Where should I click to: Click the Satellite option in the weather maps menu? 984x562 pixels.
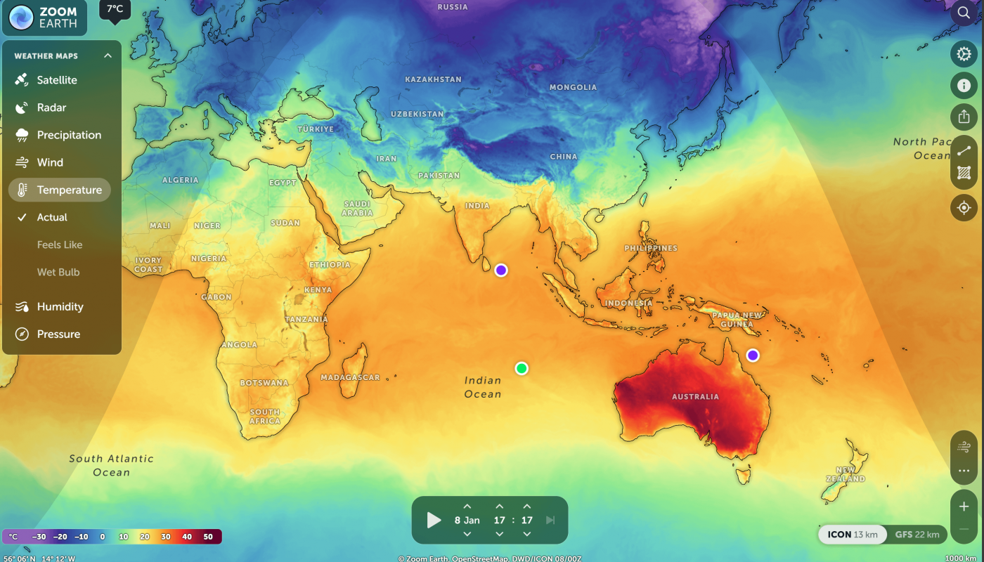click(x=57, y=80)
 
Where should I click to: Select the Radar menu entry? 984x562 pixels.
click(x=51, y=107)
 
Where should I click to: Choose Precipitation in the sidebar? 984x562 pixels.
click(x=69, y=135)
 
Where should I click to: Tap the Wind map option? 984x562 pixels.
click(x=50, y=162)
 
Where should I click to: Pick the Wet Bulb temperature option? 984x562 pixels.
click(x=58, y=272)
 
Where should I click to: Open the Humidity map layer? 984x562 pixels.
click(x=60, y=306)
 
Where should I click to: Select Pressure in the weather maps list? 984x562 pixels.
click(x=58, y=334)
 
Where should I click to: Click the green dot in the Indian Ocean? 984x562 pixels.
click(x=522, y=368)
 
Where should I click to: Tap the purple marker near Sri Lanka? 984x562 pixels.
click(x=501, y=270)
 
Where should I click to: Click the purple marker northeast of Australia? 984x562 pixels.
click(x=753, y=355)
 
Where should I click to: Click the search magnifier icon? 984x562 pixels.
click(x=964, y=13)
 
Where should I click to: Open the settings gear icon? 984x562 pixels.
click(x=964, y=53)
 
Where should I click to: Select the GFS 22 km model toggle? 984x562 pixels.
click(x=917, y=535)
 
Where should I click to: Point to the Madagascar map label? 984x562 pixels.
click(x=350, y=378)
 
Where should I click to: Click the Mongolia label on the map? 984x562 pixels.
click(x=573, y=87)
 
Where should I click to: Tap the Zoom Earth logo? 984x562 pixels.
click(x=44, y=18)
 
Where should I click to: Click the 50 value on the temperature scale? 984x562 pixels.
click(x=208, y=537)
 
